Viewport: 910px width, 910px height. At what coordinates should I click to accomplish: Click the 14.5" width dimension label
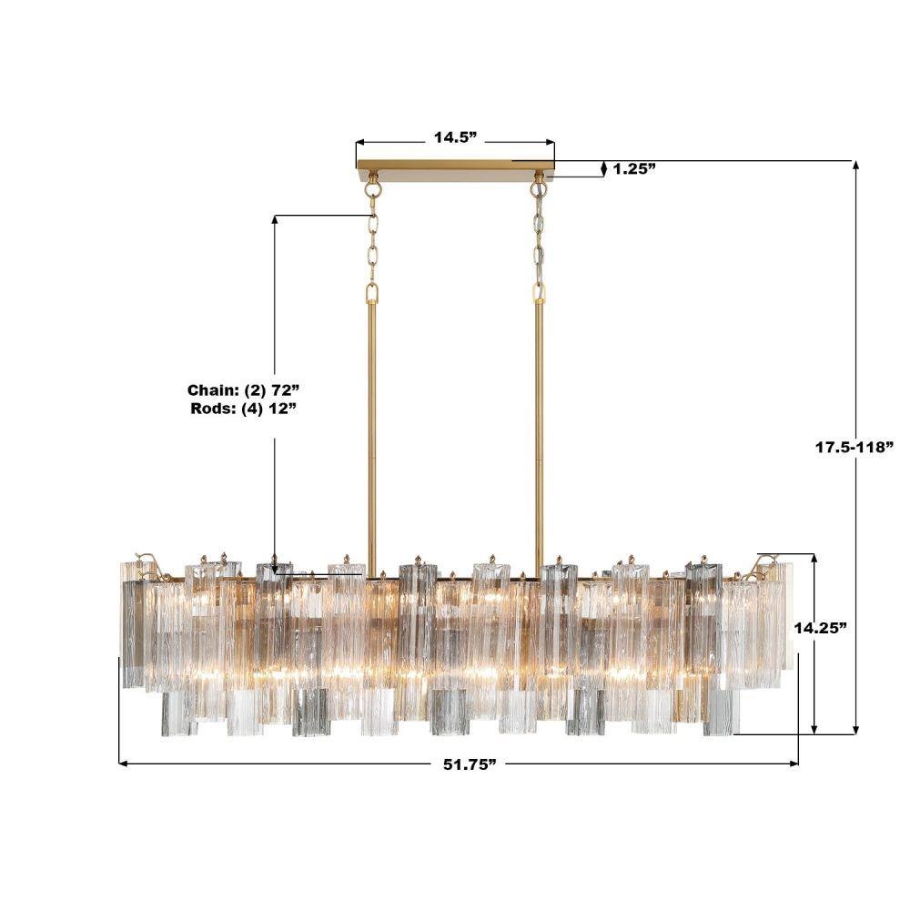pos(455,137)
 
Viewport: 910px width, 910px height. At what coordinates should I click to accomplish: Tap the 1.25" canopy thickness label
pos(634,169)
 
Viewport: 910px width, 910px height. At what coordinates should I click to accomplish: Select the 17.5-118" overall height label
pos(854,447)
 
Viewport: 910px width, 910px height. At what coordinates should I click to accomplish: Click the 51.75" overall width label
pos(470,763)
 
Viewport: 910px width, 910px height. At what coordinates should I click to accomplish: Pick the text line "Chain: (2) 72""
pos(243,389)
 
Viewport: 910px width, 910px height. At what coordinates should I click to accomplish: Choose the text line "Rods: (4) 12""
pos(244,409)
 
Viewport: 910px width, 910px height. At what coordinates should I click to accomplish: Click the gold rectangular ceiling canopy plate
pos(456,164)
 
